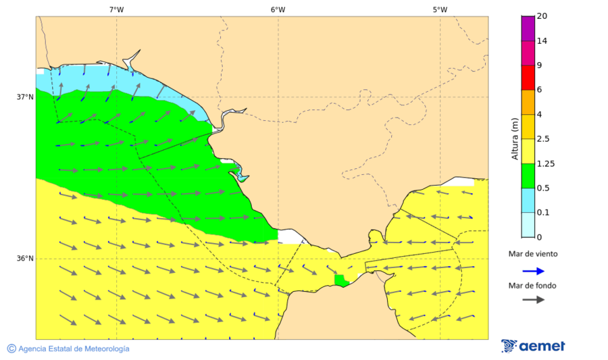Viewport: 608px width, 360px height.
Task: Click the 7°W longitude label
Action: click(x=116, y=9)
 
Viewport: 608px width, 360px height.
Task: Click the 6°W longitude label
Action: click(x=278, y=9)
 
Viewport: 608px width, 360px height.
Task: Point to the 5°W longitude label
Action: click(x=440, y=9)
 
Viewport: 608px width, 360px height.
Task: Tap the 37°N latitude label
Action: click(x=25, y=97)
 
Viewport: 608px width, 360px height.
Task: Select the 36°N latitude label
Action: click(x=25, y=259)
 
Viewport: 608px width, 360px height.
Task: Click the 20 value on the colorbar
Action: click(x=541, y=16)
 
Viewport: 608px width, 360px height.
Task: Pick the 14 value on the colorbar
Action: click(x=541, y=41)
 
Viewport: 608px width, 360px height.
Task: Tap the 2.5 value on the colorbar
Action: click(x=542, y=139)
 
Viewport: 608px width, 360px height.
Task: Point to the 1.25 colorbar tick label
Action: click(x=544, y=163)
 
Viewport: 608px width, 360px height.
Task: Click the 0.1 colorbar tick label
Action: click(x=542, y=213)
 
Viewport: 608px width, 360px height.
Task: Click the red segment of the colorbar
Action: click(x=528, y=77)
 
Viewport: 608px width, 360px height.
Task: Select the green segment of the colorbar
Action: click(x=528, y=176)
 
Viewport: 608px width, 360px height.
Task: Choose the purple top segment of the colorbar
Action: click(x=528, y=28)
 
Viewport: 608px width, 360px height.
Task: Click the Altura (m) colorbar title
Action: click(x=515, y=139)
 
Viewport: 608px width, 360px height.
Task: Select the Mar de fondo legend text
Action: click(x=533, y=285)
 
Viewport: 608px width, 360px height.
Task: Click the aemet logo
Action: click(x=533, y=346)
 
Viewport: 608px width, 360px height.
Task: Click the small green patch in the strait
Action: click(x=340, y=280)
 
